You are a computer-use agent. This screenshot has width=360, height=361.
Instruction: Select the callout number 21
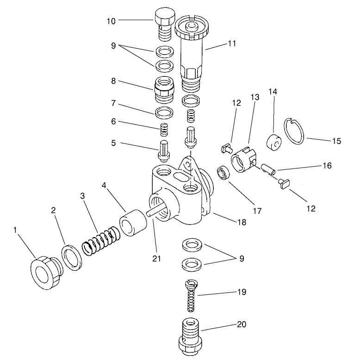click(x=156, y=258)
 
